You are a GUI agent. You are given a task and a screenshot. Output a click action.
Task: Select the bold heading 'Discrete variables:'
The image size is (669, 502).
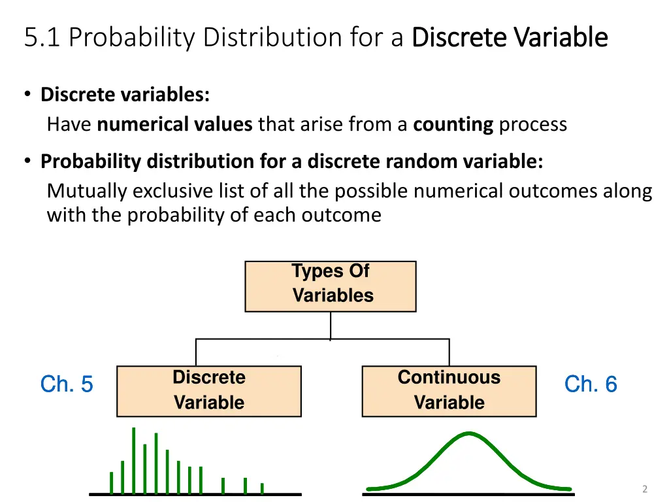pos(125,95)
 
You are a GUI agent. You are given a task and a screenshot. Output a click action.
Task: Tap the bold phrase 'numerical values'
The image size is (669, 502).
pos(174,124)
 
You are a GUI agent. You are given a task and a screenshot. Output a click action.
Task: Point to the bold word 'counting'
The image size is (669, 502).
pos(453,124)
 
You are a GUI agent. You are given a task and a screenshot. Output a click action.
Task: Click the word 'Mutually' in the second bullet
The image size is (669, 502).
pos(87,191)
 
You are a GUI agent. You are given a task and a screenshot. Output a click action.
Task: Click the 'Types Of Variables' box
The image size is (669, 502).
pos(330,286)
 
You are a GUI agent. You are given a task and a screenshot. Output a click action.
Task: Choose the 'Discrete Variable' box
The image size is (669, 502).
pos(208,391)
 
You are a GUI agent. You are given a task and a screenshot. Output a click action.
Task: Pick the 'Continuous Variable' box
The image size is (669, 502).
pos(449,391)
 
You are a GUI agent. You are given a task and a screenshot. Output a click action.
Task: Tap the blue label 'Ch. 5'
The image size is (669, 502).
pos(67,384)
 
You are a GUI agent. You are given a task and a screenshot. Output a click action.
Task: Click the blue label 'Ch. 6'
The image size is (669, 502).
pos(591,384)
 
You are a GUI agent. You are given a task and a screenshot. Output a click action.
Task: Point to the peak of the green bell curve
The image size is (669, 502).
pos(468,433)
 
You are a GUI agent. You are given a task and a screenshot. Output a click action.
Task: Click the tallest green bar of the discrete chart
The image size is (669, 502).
pos(134,460)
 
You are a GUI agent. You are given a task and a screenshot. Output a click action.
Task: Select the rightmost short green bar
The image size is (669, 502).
pos(262,488)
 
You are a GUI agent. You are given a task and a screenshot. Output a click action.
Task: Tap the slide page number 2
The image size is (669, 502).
pos(644,489)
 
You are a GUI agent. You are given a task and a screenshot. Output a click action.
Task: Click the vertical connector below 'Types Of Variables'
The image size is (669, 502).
pos(330,325)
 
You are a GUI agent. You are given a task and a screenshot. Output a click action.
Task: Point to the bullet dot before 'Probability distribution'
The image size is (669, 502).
pos(28,161)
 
